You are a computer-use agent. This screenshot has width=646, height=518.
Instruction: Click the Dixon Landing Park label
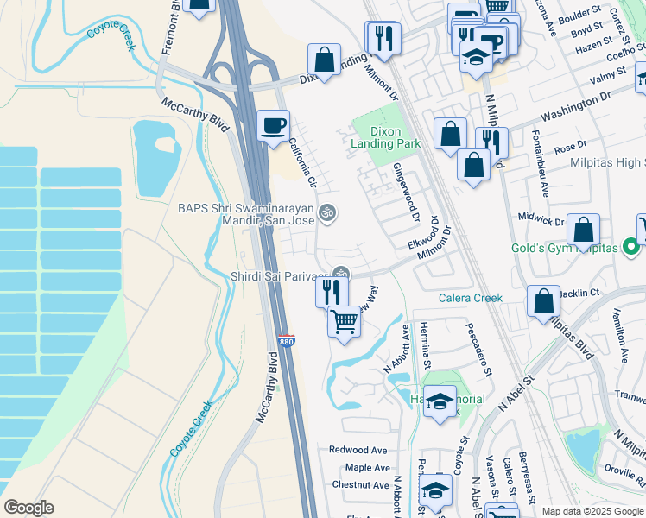pos(376,138)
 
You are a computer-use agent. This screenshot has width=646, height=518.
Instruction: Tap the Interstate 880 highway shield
pos(287,341)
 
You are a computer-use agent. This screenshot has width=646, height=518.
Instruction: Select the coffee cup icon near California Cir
pos(274,126)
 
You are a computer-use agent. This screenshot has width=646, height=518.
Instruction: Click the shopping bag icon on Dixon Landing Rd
pos(325,61)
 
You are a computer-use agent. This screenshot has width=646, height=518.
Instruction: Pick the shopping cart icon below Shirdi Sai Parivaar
pos(344,322)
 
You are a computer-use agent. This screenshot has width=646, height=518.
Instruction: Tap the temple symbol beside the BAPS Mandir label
pos(327,211)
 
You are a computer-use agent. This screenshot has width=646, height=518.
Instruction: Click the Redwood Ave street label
pos(358,450)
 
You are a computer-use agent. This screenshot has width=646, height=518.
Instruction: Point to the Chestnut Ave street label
pos(360,485)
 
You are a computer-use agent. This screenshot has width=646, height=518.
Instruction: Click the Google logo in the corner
pos(28,508)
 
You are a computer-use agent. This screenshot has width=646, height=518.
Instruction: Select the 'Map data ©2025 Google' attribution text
pos(592,511)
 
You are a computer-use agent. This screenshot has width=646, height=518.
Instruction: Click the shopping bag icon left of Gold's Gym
pos(584,230)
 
